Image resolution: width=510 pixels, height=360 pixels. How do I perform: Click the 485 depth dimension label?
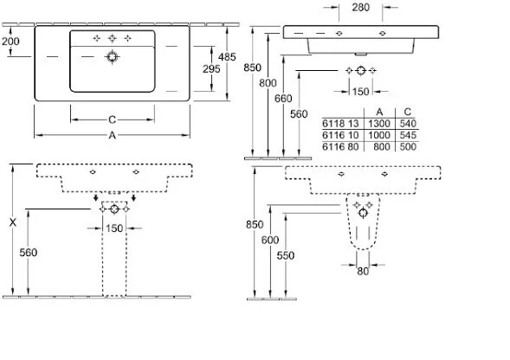tap(227, 57)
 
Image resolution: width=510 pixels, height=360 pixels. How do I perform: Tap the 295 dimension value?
tap(211, 69)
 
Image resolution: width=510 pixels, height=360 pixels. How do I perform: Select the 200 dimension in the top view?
tap(10, 42)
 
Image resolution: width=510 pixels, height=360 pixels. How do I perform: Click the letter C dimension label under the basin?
tap(112, 119)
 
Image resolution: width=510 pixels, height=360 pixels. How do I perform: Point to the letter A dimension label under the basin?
tap(112, 135)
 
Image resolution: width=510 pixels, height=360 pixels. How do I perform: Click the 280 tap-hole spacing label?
tap(361, 7)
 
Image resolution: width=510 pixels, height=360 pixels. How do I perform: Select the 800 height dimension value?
tap(268, 83)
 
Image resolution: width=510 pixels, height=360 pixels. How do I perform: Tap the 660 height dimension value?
tap(283, 98)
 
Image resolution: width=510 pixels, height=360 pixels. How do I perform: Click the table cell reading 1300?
tap(379, 124)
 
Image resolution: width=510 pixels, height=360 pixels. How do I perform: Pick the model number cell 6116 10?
tap(340, 135)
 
